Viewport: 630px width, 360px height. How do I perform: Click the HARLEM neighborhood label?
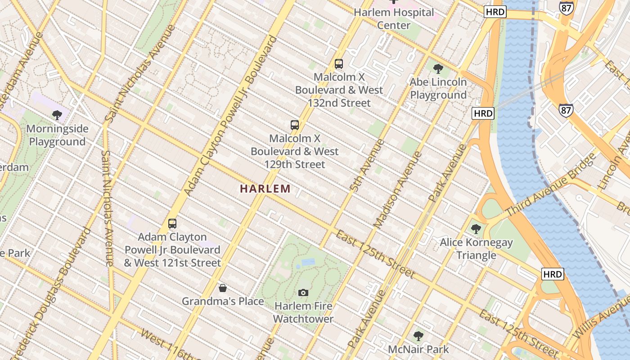(x=265, y=189)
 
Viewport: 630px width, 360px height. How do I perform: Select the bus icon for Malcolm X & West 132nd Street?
(x=339, y=64)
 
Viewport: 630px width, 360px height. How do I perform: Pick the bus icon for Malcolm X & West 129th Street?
(x=295, y=125)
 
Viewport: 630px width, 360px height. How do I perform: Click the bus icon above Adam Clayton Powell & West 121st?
(x=172, y=223)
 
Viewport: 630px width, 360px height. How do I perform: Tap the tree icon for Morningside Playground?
(x=57, y=115)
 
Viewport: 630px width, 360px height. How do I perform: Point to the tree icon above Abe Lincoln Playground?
(x=438, y=69)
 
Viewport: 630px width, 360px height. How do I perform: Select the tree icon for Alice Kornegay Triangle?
(x=476, y=229)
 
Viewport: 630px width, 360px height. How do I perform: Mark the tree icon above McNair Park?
(x=418, y=336)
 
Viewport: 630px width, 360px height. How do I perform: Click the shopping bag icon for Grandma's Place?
(x=222, y=288)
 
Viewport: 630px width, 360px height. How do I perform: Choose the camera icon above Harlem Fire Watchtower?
(x=303, y=293)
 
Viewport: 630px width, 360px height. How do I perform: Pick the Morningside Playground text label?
(x=57, y=135)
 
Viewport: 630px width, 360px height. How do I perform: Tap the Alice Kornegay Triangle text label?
(x=476, y=249)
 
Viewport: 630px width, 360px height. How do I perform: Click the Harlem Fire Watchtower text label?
(x=303, y=312)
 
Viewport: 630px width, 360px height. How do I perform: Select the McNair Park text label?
(x=418, y=349)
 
